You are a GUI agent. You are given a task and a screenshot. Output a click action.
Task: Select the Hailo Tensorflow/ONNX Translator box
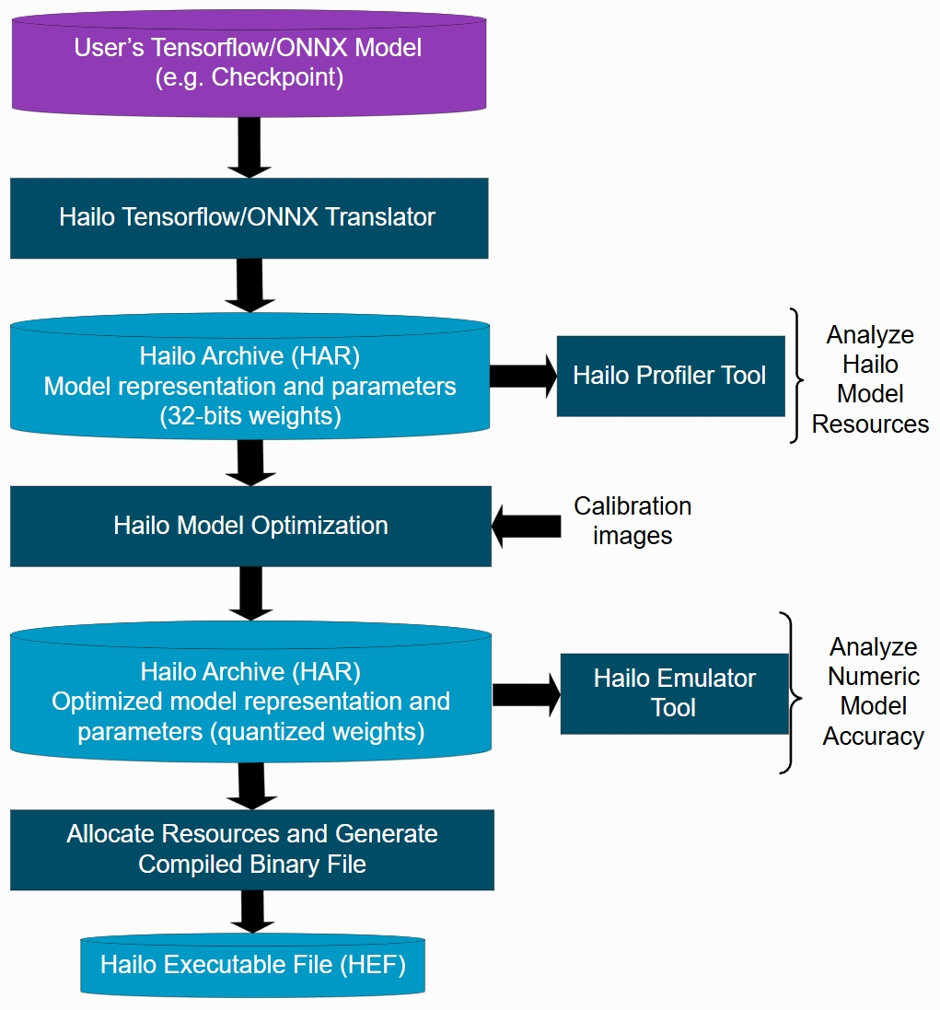249,218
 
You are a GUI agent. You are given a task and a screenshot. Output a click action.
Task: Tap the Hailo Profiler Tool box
670,376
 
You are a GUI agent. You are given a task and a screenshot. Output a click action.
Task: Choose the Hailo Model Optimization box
250,526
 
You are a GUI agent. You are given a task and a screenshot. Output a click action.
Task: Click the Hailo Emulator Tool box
674,693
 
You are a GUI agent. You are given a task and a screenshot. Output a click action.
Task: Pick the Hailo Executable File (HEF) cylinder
252,966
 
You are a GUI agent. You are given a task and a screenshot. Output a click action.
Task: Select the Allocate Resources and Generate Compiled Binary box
252,849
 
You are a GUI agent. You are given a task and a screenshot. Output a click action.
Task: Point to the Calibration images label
632,520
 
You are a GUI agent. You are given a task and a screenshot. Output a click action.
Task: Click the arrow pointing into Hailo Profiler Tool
523,376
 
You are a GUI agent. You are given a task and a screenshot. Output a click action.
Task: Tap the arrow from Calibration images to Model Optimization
527,527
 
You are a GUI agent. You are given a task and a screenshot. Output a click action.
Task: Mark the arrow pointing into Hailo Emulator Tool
527,694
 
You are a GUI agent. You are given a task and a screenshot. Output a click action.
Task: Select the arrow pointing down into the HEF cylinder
250,912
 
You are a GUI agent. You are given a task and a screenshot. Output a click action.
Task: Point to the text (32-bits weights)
250,416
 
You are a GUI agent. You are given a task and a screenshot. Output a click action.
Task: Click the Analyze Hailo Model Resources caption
870,378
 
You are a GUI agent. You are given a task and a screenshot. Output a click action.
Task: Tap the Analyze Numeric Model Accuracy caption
873,691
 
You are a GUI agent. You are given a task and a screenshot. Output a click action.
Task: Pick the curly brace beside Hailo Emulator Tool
788,692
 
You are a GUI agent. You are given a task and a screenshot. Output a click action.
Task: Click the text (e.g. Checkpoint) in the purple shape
250,77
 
